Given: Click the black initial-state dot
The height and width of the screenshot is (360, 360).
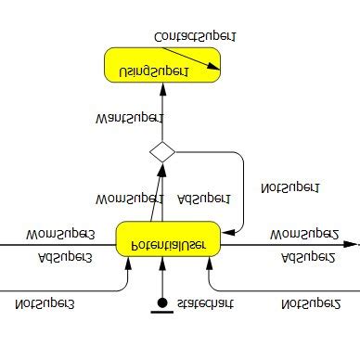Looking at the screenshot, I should coord(162,302).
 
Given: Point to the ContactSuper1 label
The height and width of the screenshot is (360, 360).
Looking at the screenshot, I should coord(194,36).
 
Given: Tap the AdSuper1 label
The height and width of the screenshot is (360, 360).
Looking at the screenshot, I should coord(203,198).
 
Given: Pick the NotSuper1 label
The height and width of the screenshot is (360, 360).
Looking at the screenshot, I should coord(289,186).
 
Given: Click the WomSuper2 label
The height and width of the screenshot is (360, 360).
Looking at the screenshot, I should coord(304,233).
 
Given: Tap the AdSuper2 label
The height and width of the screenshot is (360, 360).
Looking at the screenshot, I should coord(307,257).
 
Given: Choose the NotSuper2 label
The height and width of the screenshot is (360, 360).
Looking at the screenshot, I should coord(311,302).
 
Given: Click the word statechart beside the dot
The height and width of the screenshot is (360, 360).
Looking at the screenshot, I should coord(204,302).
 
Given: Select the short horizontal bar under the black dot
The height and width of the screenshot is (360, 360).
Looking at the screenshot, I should coord(162,312).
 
